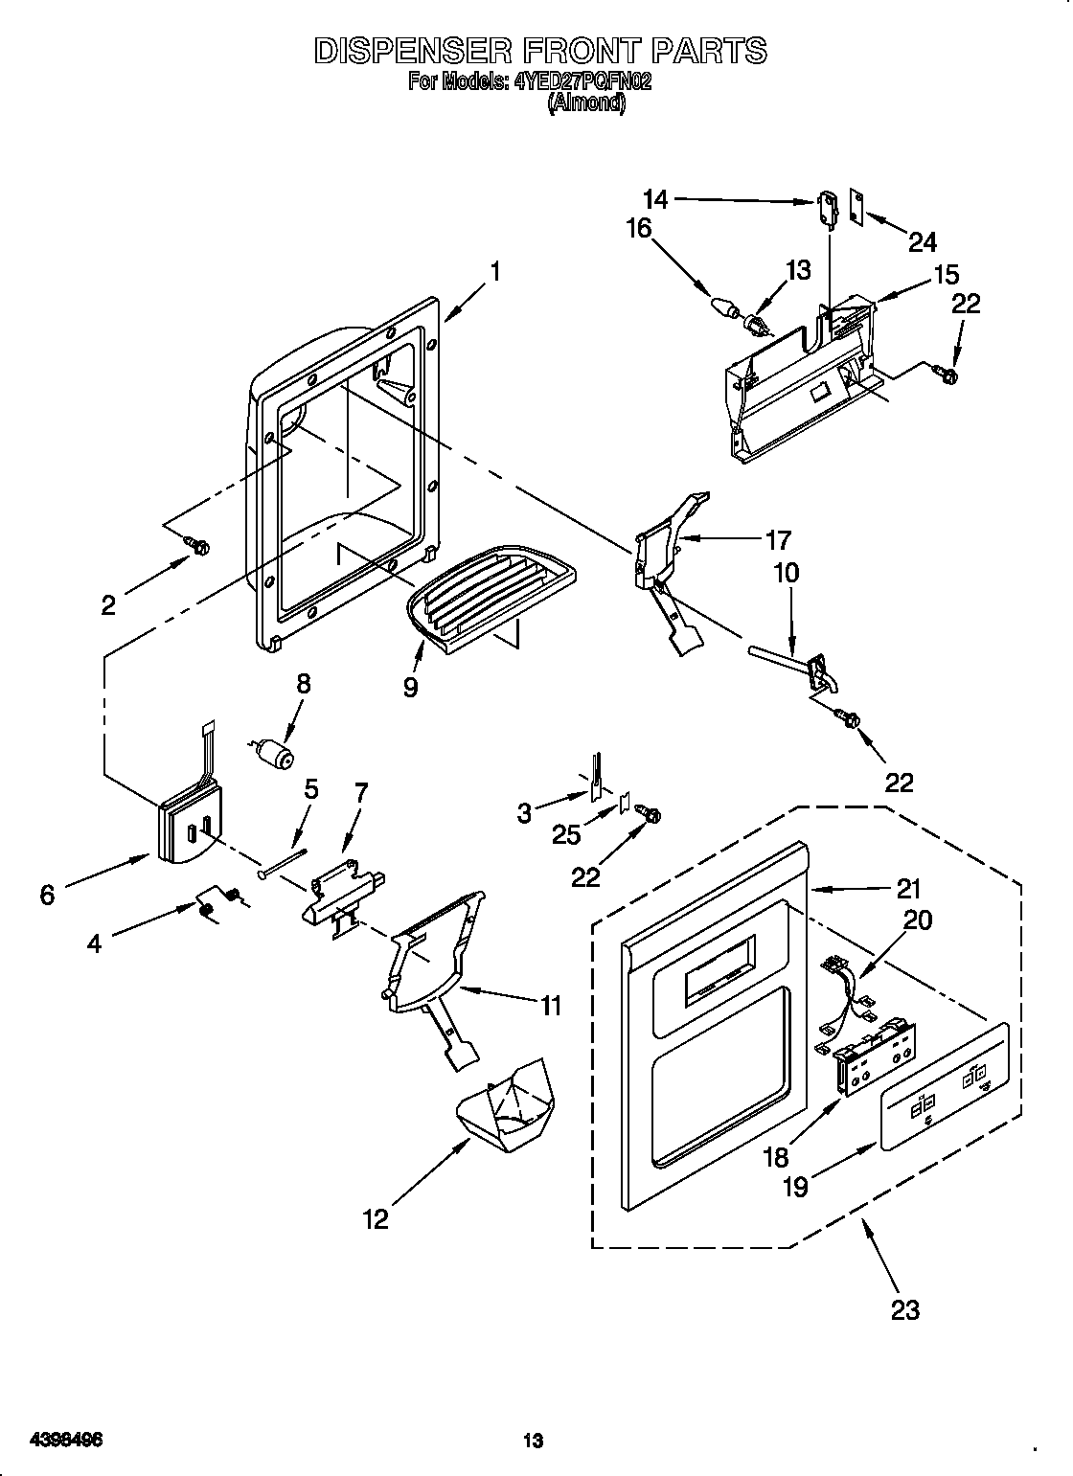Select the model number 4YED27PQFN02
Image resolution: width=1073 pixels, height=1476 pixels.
[x=583, y=81]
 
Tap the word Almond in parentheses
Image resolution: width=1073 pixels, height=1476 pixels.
[x=586, y=103]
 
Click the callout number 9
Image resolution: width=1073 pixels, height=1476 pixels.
[x=410, y=687]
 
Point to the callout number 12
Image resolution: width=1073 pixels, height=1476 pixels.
[x=376, y=1218]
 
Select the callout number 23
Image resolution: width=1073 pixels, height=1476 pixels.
[x=905, y=1309]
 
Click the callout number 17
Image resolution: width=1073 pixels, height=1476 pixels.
[x=778, y=539]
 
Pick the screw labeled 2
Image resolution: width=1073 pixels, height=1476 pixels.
[x=200, y=546]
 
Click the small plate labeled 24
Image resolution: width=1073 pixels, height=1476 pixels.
[x=858, y=205]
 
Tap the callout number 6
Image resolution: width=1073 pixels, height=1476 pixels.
[x=47, y=894]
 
